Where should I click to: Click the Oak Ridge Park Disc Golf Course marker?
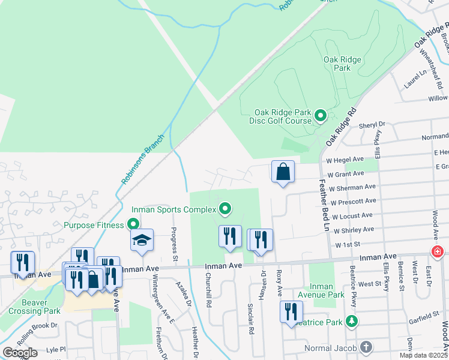(320, 115)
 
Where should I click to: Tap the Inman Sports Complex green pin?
(226, 209)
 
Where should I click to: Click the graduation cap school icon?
(142, 241)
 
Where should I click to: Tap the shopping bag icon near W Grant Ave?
(283, 173)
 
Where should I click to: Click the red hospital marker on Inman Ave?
(438, 252)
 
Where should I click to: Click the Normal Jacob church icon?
(366, 347)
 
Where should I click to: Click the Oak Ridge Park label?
(337, 64)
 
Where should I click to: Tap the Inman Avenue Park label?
(323, 290)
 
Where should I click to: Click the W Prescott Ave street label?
(353, 202)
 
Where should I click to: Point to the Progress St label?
(175, 240)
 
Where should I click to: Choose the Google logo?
(20, 353)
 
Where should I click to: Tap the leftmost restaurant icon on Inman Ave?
(22, 263)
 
